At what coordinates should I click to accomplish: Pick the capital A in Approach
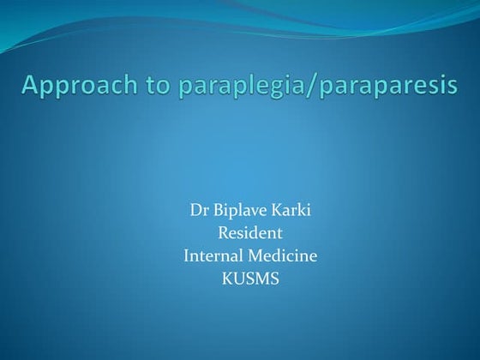pyautogui.click(x=31, y=85)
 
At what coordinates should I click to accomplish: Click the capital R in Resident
pyautogui.click(x=222, y=232)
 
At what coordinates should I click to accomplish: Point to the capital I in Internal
pyautogui.click(x=186, y=254)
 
